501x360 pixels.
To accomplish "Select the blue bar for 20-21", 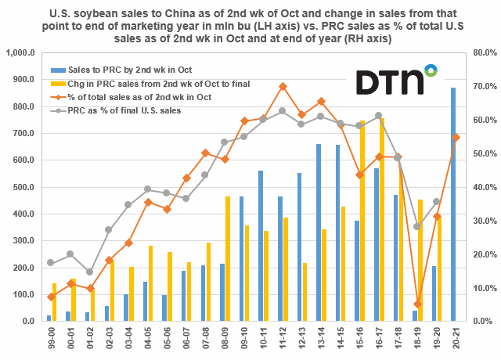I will (x=454, y=205).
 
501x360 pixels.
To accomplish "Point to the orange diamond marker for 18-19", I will (x=417, y=304).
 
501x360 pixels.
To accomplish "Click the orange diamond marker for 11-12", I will (x=283, y=86).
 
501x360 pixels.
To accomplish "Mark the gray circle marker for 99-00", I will (x=50, y=262).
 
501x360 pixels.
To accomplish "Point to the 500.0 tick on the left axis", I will (x=26, y=187).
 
